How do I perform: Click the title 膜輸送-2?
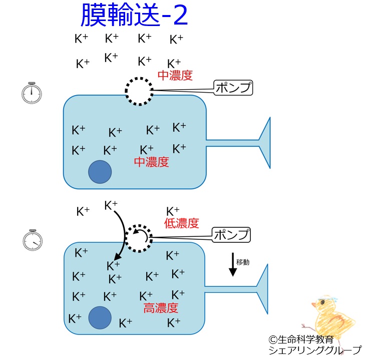(134, 16)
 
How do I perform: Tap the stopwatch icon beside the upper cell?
(32, 93)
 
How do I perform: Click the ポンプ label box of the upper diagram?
(233, 88)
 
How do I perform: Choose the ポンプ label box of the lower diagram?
(231, 234)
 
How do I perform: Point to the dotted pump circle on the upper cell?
(139, 91)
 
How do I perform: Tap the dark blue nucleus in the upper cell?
(100, 172)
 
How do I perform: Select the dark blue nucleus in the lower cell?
(100, 317)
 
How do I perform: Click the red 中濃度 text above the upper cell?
(175, 76)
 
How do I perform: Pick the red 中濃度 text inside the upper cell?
(151, 162)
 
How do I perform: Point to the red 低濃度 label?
(181, 223)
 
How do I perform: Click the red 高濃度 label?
(161, 308)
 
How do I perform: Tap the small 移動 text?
(243, 261)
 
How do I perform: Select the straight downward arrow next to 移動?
(233, 265)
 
